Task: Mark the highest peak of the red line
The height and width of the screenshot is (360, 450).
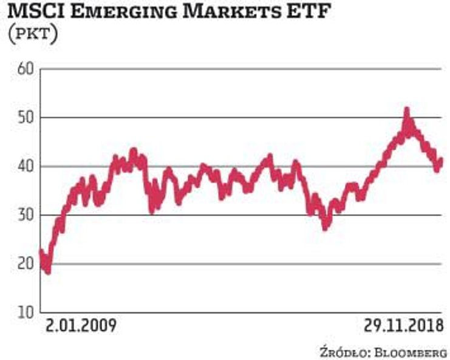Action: [407, 110]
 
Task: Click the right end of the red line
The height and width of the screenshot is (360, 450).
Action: [441, 160]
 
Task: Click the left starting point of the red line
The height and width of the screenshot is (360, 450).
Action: [41, 251]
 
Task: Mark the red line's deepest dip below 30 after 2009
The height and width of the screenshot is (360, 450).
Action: [326, 228]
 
